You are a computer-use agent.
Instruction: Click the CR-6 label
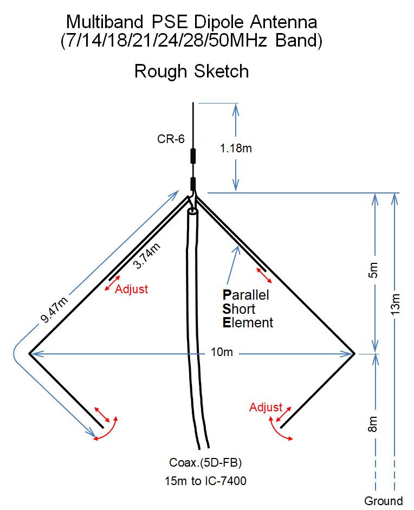(x=171, y=139)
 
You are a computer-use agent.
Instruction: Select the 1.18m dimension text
(x=236, y=149)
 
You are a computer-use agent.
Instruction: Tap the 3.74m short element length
(x=147, y=256)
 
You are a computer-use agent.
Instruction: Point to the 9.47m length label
(x=54, y=309)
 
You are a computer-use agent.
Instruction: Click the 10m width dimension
(x=222, y=352)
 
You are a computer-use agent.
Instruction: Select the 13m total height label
(x=395, y=304)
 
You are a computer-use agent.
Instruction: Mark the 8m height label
(x=373, y=424)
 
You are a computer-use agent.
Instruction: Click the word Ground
(x=384, y=501)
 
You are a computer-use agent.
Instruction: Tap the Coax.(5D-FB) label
(x=205, y=462)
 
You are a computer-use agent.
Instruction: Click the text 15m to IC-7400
(x=205, y=481)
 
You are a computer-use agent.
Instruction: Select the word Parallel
(x=246, y=295)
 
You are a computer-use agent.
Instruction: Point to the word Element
(x=248, y=322)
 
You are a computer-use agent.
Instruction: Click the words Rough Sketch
(x=191, y=71)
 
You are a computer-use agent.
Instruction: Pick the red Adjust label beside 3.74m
(x=131, y=289)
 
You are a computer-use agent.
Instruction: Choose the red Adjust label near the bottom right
(x=266, y=407)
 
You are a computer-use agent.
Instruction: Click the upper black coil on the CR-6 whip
(x=193, y=156)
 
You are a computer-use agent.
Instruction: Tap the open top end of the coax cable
(x=192, y=212)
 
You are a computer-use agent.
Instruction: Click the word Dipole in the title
(x=218, y=23)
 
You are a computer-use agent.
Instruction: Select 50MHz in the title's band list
(x=237, y=41)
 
